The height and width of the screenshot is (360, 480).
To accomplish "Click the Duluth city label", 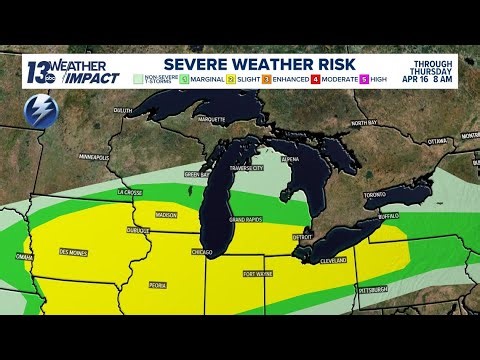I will point(123,138).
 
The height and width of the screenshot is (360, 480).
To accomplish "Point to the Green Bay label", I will point(196,173).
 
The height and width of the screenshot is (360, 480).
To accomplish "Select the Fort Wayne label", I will point(257,273).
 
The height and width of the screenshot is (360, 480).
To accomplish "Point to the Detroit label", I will point(302,236).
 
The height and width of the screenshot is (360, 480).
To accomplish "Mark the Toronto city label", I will point(374,194).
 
